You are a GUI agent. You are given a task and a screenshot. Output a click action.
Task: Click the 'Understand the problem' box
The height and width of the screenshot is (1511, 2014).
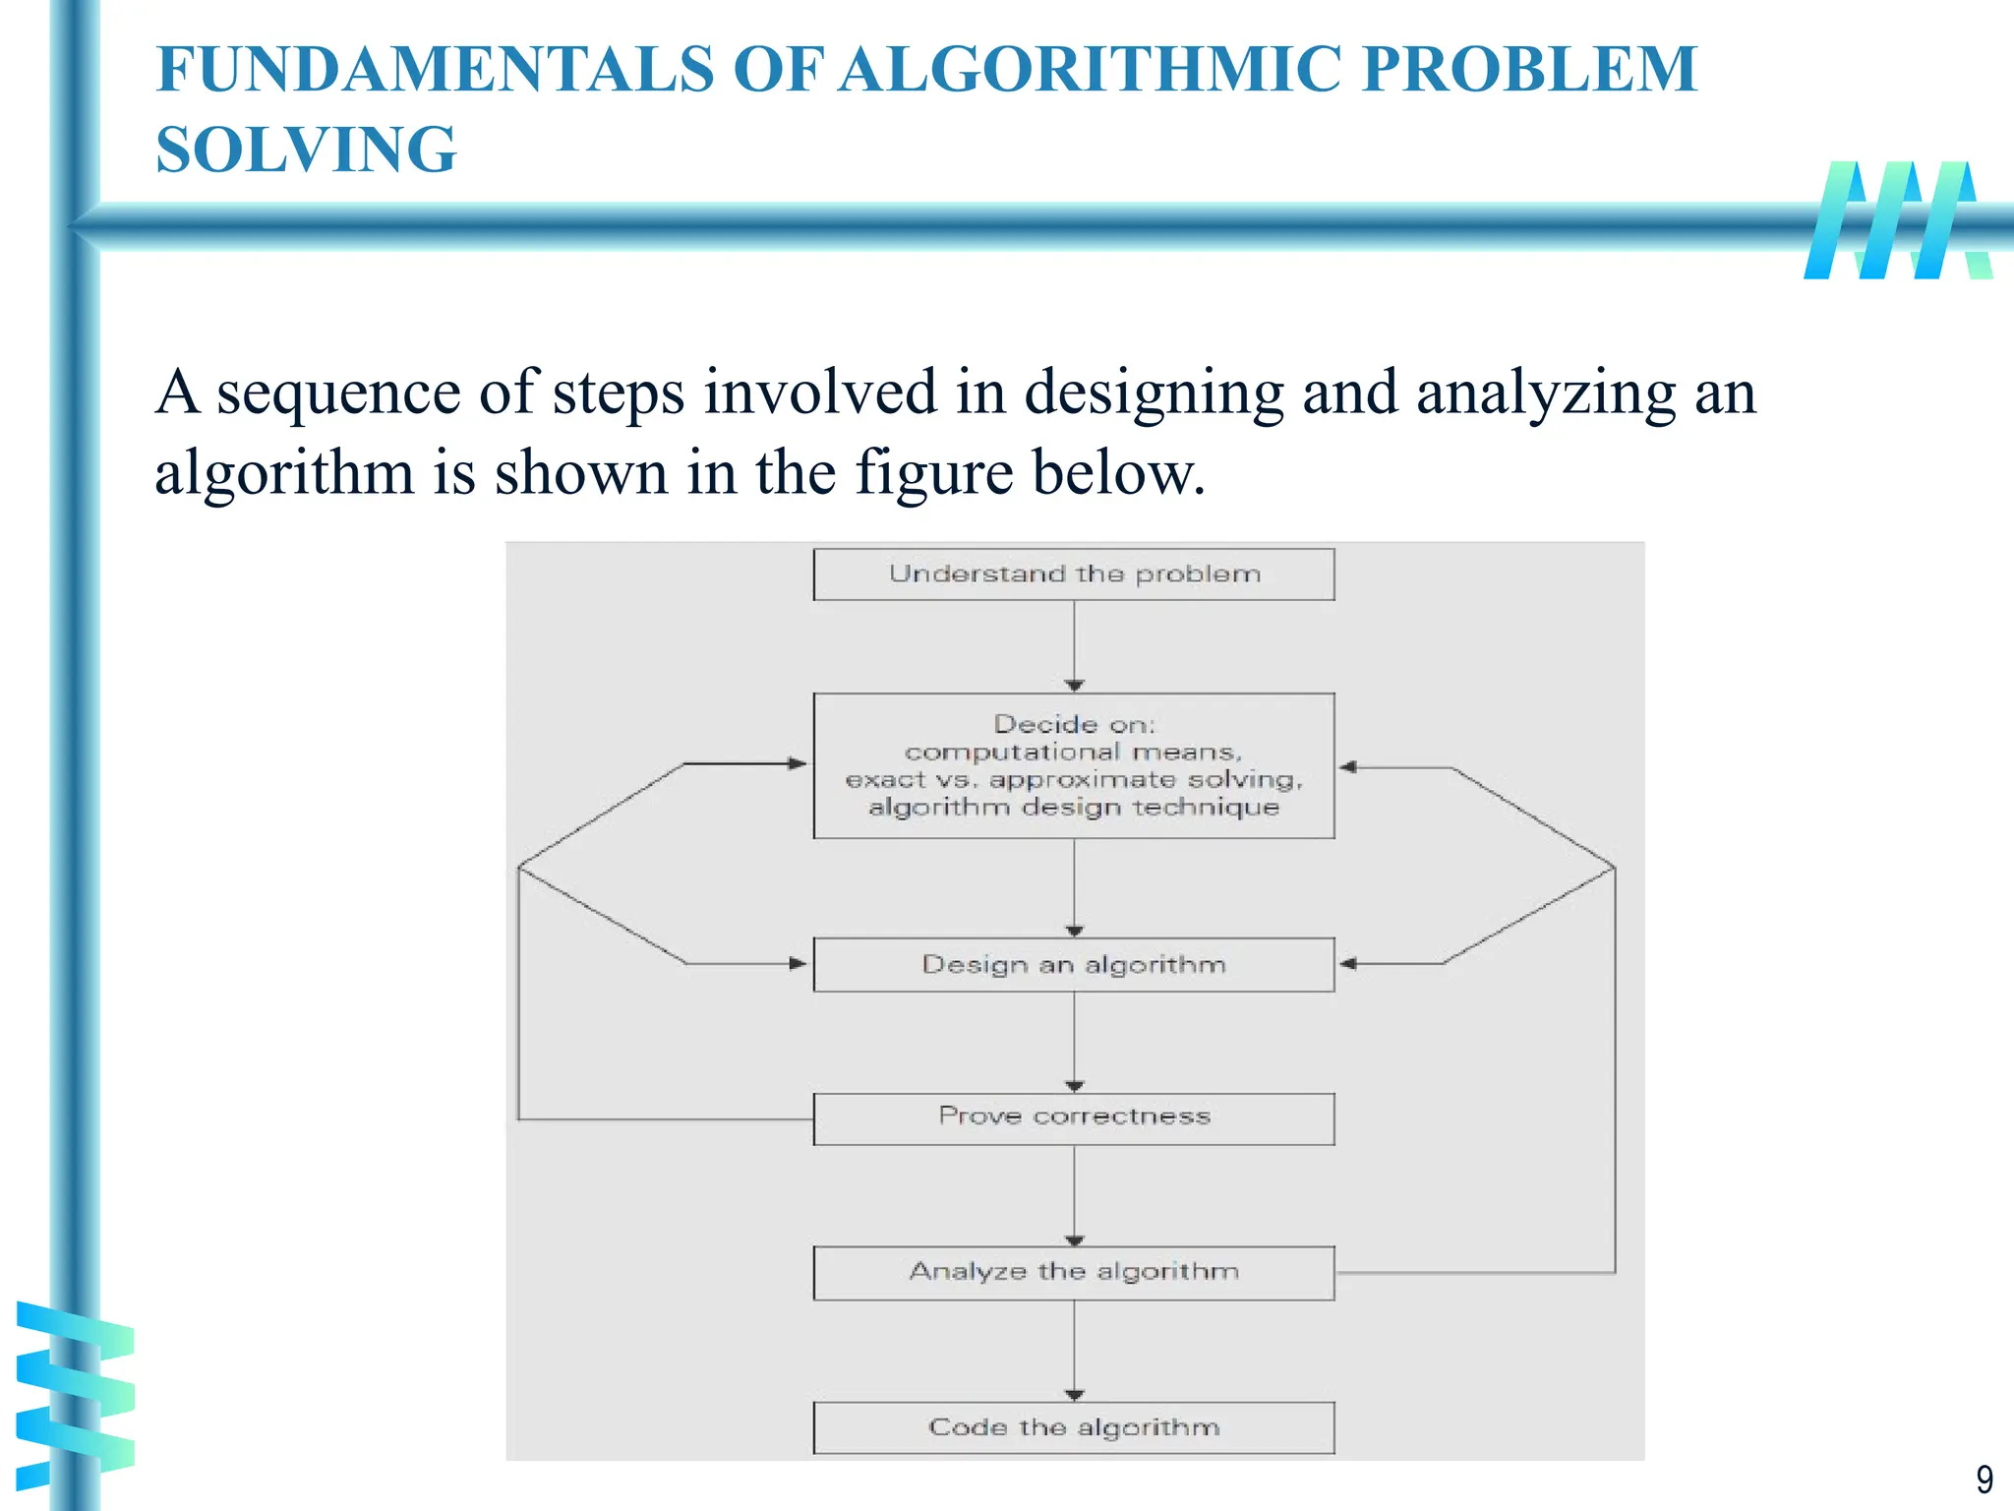(1074, 574)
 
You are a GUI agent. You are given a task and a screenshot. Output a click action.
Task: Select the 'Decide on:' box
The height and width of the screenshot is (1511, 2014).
(1074, 765)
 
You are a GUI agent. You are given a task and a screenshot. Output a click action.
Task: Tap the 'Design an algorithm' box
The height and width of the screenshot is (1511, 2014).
(1074, 965)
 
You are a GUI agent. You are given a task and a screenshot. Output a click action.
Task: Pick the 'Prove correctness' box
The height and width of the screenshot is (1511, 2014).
(1074, 1118)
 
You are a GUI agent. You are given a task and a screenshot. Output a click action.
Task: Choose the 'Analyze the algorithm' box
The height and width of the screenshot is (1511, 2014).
(1074, 1273)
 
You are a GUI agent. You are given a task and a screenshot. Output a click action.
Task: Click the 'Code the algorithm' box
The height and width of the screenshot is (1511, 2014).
(1074, 1427)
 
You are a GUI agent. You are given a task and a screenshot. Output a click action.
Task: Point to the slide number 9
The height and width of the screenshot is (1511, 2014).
(1984, 1480)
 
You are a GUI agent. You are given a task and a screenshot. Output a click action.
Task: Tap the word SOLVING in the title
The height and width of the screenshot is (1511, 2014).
(306, 150)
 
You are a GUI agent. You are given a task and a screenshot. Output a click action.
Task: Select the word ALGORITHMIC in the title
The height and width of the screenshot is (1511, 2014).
(1092, 70)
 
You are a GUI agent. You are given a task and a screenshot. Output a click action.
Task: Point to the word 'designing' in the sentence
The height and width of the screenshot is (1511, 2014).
(1154, 393)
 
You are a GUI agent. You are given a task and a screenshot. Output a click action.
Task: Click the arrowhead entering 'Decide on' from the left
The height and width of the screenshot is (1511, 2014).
(798, 763)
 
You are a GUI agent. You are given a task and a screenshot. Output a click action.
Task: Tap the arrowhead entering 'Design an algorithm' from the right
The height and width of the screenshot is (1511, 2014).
(1348, 964)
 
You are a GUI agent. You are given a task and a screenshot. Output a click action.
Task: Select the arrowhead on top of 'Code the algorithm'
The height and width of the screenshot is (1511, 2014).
(1074, 1395)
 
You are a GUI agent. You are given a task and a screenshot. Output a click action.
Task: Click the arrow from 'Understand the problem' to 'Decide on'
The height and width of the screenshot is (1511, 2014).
(1074, 644)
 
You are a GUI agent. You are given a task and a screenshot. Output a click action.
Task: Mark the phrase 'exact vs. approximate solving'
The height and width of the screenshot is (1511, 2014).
(1074, 780)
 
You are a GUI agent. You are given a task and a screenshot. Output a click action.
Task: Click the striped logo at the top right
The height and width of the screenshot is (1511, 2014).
(1898, 220)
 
